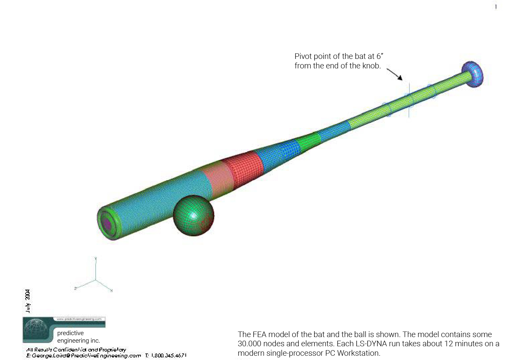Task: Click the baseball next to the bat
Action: (x=193, y=215)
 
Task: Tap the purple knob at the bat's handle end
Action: (x=473, y=74)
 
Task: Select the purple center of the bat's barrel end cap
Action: (x=107, y=223)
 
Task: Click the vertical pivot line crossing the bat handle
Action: (x=409, y=100)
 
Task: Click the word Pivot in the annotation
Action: (x=303, y=56)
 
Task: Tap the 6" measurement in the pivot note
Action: (x=380, y=56)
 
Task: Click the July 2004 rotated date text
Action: (x=28, y=301)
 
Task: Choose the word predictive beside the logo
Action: (x=70, y=333)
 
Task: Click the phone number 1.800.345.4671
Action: (x=169, y=355)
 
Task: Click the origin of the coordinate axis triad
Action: (x=96, y=280)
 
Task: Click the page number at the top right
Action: (x=496, y=7)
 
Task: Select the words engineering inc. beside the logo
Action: (x=79, y=341)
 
